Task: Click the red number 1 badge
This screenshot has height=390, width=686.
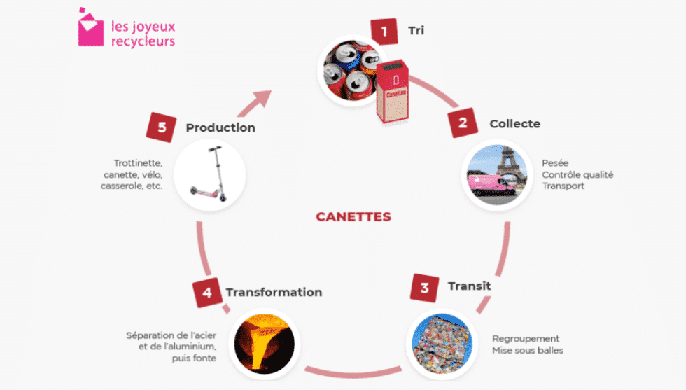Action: (384, 32)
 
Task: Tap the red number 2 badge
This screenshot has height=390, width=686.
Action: (463, 124)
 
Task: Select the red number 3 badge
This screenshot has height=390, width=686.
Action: (424, 287)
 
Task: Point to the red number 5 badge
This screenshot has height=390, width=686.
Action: (162, 128)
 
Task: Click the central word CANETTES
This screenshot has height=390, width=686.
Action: (353, 216)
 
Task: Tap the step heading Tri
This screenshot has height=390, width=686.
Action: (416, 31)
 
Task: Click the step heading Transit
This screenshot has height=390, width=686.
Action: (469, 286)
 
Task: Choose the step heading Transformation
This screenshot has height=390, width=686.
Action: (274, 292)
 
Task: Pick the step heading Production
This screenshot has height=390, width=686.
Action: (220, 128)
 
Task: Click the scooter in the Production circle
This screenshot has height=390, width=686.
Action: (208, 174)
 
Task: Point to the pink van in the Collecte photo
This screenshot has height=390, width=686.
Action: (487, 184)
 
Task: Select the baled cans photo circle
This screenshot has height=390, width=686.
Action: (442, 344)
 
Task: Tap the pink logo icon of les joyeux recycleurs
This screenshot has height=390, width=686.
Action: (91, 28)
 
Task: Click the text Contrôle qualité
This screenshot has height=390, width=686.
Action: (577, 174)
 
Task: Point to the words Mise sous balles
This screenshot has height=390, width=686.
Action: (527, 350)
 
